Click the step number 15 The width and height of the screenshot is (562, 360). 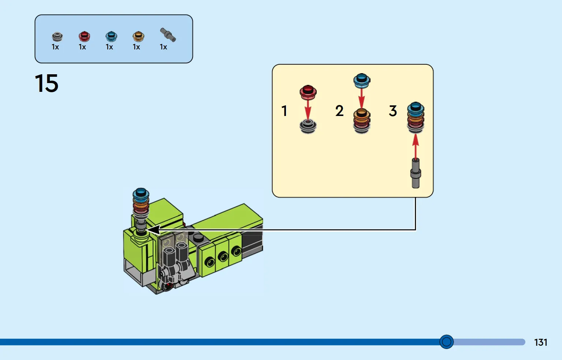46,83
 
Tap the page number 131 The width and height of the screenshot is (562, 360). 541,342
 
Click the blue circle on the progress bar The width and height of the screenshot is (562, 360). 446,342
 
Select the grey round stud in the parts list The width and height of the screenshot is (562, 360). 57,37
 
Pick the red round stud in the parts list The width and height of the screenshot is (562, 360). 84,36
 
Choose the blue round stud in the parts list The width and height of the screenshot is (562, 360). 111,36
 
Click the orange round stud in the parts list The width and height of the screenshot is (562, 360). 138,36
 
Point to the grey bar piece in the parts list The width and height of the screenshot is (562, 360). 168,35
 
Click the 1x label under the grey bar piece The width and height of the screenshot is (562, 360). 163,47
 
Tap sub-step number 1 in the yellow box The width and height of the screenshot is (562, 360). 284,111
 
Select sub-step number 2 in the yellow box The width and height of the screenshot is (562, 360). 339,111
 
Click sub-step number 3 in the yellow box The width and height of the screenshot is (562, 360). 393,111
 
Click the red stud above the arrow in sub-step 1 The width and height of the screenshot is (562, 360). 308,92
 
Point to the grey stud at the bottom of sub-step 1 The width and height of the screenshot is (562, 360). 308,126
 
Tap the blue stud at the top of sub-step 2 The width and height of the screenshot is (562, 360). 361,81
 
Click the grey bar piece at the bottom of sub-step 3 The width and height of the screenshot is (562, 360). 416,173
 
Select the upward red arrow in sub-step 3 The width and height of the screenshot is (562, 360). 416,147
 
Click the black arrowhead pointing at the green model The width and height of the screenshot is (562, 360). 153,230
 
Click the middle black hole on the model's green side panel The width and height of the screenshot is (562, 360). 223,256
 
